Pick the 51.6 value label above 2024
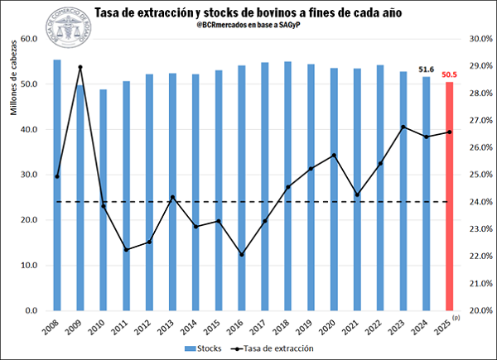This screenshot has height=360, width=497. tap(427, 70)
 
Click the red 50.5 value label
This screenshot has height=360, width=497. tap(450, 74)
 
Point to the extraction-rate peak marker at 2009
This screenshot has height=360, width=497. tap(80, 67)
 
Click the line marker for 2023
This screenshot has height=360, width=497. tap(403, 127)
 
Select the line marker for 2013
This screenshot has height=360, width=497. tap(172, 197)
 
